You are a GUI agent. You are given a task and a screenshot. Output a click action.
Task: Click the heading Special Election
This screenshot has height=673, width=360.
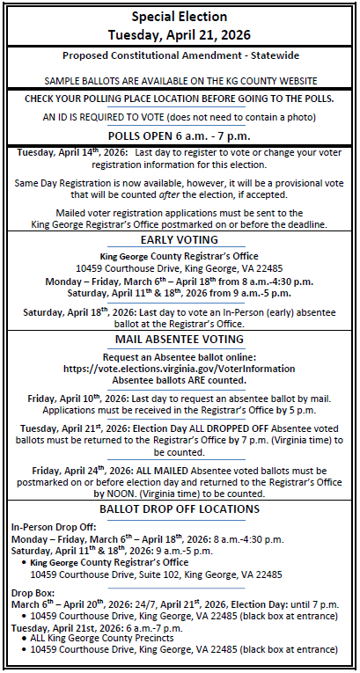pos(180,17)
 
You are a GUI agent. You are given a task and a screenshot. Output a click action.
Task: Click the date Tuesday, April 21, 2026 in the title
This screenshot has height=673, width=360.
pos(180,35)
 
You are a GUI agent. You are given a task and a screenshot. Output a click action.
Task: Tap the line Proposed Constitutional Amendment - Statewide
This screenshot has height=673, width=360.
pos(180,55)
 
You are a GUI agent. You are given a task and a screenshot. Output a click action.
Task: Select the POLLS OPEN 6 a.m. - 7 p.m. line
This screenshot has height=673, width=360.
pos(180,135)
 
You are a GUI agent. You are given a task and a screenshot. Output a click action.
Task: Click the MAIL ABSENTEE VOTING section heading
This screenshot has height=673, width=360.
pos(180,340)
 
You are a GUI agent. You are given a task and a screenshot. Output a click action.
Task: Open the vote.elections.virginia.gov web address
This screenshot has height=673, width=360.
pos(180,370)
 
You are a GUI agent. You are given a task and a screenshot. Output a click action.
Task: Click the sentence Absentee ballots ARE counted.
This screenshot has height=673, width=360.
pos(180,382)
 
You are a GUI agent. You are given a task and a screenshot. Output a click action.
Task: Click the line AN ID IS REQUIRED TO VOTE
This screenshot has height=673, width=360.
pos(180,116)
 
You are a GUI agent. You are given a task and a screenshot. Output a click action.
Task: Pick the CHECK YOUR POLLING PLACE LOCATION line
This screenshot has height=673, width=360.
pos(180,98)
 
